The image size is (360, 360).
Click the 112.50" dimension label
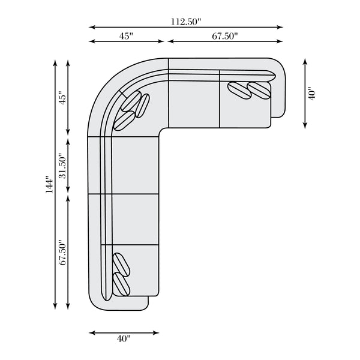[186, 22]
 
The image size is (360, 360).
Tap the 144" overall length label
[50, 185]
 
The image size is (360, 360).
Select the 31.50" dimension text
[62, 166]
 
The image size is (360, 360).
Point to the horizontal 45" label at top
[126, 36]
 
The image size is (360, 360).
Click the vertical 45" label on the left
[62, 98]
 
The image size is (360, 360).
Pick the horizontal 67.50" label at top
[225, 36]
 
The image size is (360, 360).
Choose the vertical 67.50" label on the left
[62, 253]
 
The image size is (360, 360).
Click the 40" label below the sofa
[124, 338]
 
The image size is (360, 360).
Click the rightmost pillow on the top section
[259, 91]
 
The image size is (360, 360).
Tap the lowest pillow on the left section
[122, 284]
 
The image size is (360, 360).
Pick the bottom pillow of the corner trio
[124, 121]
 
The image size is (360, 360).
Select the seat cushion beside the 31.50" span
[135, 166]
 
